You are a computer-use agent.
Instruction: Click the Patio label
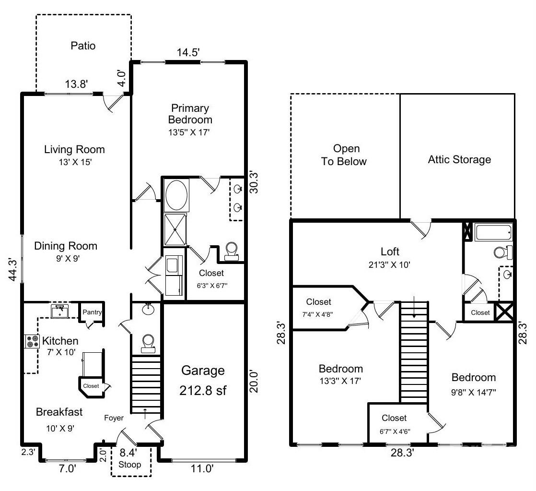(83, 46)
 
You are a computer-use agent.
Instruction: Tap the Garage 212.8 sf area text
(203, 381)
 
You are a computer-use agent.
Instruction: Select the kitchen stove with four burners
(32, 341)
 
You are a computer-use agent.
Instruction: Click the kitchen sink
(60, 311)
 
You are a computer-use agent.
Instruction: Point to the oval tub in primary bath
(176, 195)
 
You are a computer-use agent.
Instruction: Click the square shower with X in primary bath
(175, 229)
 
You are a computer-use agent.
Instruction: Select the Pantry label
(92, 312)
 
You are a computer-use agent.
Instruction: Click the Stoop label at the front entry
(129, 465)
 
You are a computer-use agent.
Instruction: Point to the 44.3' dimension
(12, 269)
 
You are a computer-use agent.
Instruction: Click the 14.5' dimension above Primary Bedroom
(188, 52)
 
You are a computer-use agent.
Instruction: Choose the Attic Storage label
(459, 159)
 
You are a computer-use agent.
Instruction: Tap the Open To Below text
(344, 155)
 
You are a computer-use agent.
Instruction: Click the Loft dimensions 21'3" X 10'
(389, 264)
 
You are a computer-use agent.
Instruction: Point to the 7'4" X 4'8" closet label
(317, 314)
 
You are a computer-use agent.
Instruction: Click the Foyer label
(114, 418)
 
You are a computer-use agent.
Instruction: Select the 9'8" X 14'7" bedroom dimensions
(474, 392)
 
